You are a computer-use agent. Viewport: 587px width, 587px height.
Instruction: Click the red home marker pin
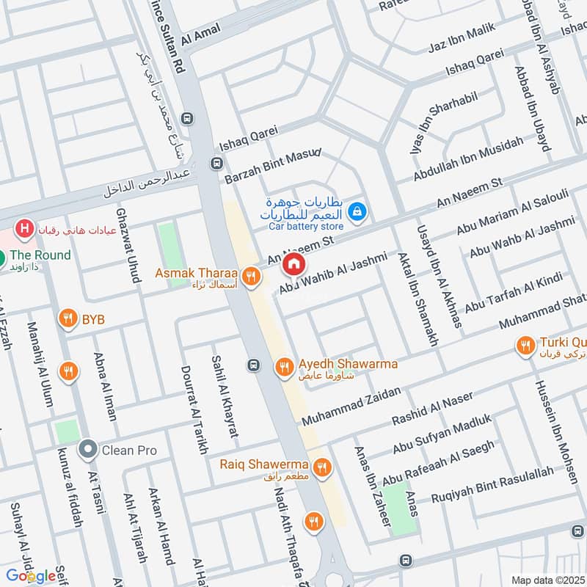click(x=293, y=264)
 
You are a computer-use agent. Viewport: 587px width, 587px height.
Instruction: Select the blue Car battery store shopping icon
click(x=357, y=211)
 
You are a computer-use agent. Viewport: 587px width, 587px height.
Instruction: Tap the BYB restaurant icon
click(x=68, y=318)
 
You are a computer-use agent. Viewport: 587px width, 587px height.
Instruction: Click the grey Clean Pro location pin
click(x=88, y=447)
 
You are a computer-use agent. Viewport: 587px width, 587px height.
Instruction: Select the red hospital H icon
click(x=25, y=230)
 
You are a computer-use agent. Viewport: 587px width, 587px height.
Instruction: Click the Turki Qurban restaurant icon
click(x=525, y=343)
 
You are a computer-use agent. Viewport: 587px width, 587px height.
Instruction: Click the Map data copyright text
click(x=549, y=580)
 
